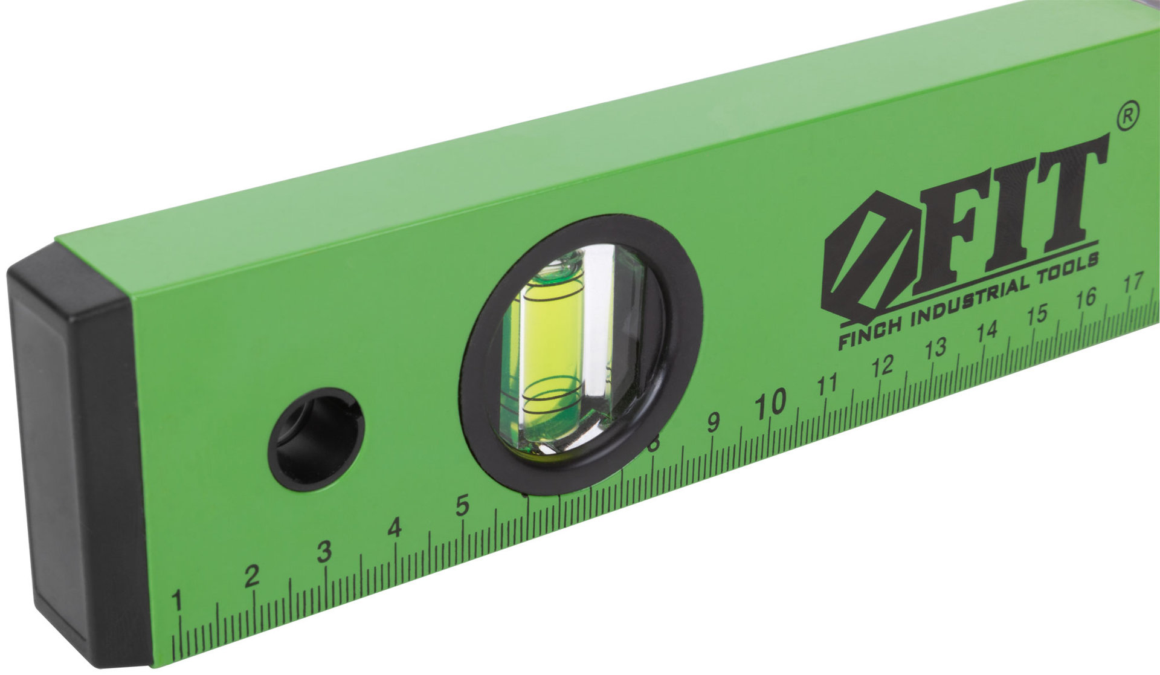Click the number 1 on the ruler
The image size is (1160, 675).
pos(177,601)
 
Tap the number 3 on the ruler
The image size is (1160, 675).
pos(324,551)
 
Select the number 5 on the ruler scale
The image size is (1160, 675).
pos(463,505)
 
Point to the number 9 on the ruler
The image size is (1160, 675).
pos(714,422)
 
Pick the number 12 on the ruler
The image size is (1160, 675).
pos(883,366)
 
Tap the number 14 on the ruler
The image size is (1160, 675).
pos(986,332)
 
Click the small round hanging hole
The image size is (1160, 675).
pos(316,439)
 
